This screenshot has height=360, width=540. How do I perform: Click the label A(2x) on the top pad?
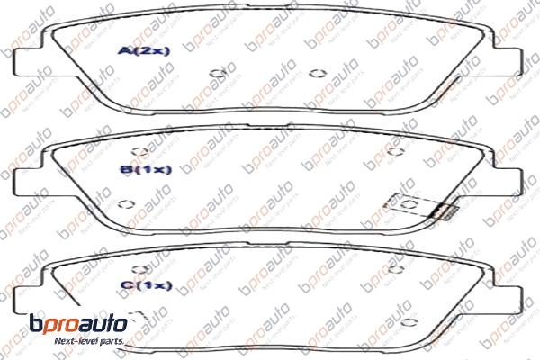tap(144, 51)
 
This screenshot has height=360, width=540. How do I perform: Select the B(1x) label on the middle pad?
tap(145, 168)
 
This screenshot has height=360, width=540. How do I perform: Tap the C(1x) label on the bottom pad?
tap(145, 285)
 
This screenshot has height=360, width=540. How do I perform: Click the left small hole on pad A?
tap(216, 74)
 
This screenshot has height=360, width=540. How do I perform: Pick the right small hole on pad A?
tap(314, 74)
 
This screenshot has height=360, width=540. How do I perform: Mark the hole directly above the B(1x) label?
tap(139, 152)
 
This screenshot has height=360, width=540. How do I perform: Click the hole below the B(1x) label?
tap(126, 202)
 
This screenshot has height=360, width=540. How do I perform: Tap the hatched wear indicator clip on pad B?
tap(443, 211)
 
